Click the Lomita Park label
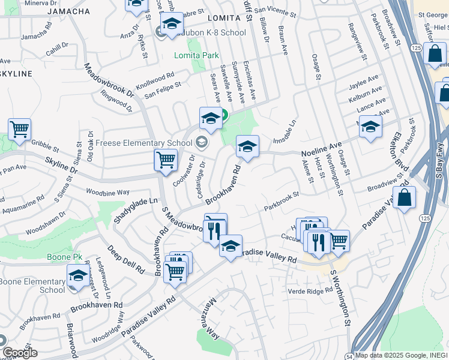(196, 55)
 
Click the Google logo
(20, 353)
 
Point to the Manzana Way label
(206, 330)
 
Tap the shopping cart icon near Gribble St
(19, 129)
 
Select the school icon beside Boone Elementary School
(77, 276)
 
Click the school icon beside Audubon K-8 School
(172, 25)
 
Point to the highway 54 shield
(348, 356)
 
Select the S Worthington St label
(340, 297)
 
